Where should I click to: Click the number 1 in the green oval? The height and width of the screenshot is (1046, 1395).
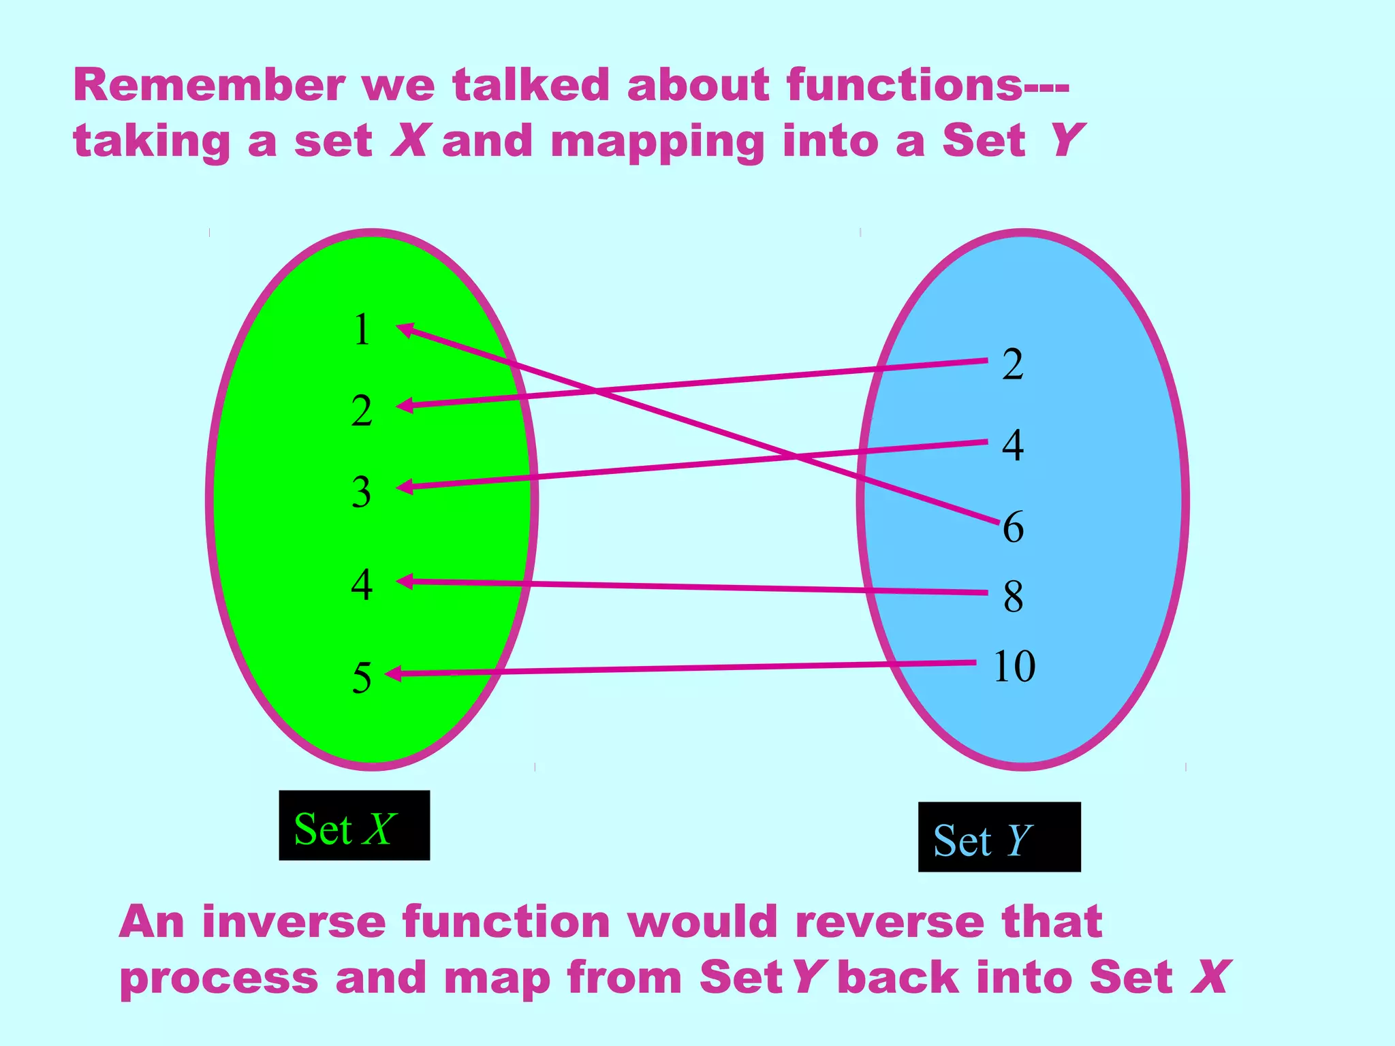[x=362, y=330]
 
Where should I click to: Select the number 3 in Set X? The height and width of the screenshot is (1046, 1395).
[x=362, y=492]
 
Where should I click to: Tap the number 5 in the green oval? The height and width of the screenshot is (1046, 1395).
[x=362, y=678]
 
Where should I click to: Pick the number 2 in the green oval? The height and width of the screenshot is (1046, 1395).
[x=362, y=411]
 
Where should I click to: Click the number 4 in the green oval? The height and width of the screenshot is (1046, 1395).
[x=362, y=585]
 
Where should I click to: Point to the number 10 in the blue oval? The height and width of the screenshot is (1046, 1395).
[x=1014, y=666]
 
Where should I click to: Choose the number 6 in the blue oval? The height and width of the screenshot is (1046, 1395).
[x=1014, y=527]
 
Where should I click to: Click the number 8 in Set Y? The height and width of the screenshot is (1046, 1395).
[x=1014, y=597]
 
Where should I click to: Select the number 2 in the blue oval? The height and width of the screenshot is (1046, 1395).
[x=1013, y=364]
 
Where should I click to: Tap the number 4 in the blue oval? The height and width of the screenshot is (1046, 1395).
[x=1013, y=446]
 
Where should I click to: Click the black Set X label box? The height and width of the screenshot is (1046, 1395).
[x=354, y=825]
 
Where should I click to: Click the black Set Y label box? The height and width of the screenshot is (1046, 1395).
[x=999, y=837]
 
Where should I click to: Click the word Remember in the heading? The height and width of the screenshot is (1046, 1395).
[x=209, y=86]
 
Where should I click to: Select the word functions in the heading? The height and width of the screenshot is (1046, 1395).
[x=903, y=86]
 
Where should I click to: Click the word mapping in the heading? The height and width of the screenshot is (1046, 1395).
[x=657, y=143]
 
